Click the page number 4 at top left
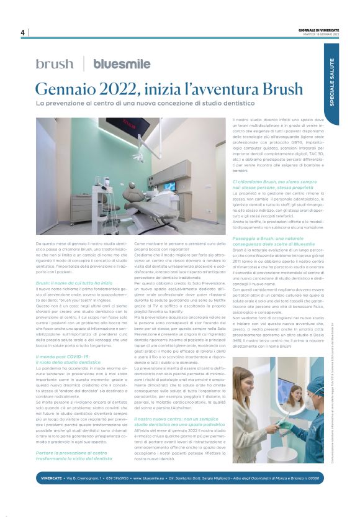click(x=22, y=32)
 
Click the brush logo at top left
click(x=54, y=63)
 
